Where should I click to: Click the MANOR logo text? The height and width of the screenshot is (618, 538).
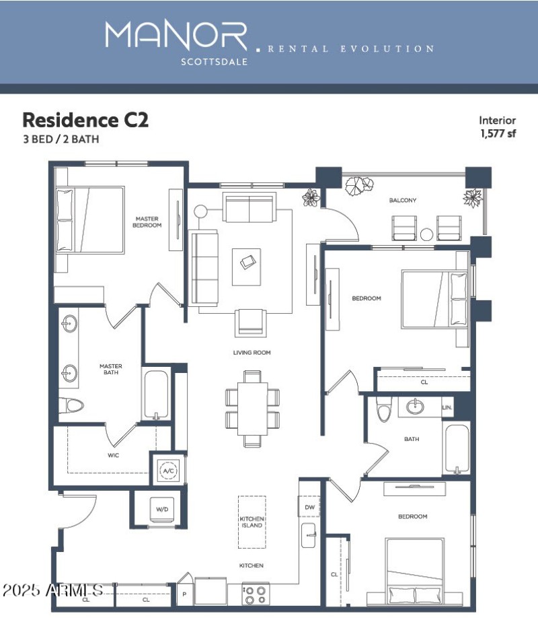pos(176,35)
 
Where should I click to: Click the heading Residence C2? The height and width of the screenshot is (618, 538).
pos(85,121)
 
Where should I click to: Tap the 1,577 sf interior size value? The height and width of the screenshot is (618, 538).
pos(498,133)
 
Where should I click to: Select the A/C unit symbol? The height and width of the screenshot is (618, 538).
pos(167,471)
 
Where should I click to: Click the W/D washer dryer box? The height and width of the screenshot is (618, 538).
pos(162,510)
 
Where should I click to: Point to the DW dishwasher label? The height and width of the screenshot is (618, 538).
pos(309,507)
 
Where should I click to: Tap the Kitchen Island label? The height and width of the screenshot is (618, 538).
pos(252,522)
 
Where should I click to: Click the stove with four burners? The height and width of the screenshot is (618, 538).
pos(256,594)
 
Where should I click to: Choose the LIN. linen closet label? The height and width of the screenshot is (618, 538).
pos(447,408)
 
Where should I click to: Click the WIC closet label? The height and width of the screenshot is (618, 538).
pos(113,454)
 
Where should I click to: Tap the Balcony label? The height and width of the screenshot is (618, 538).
pos(403,201)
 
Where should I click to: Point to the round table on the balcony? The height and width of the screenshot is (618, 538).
pos(427,234)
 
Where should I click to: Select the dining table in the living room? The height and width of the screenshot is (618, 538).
pos(252,408)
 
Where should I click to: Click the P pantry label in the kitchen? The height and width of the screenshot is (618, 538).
pos(184,594)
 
